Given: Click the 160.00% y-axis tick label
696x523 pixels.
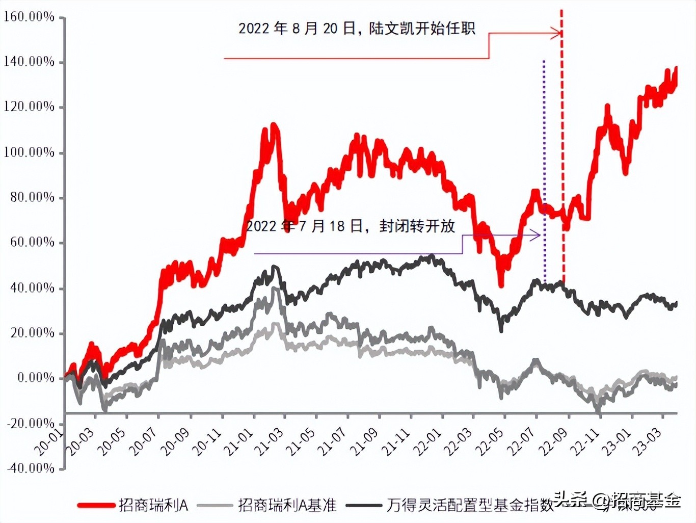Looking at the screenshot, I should point(29,17).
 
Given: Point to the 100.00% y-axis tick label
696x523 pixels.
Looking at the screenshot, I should point(29,152).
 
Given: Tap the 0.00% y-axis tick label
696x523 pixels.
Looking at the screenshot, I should point(36,378).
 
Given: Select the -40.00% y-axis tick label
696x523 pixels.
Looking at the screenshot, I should point(31,468).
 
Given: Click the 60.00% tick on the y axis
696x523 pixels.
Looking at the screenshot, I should point(32,242).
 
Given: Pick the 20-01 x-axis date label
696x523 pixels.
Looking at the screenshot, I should point(48,441).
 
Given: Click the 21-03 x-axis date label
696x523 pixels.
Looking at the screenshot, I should point(269,441).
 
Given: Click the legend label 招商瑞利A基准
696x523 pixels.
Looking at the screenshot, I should point(287,505).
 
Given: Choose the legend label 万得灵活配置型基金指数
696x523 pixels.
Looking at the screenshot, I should point(470,505).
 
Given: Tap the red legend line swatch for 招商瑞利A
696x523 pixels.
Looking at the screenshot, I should point(96,505).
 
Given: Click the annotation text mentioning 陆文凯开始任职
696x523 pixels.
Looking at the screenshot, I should point(357,29).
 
